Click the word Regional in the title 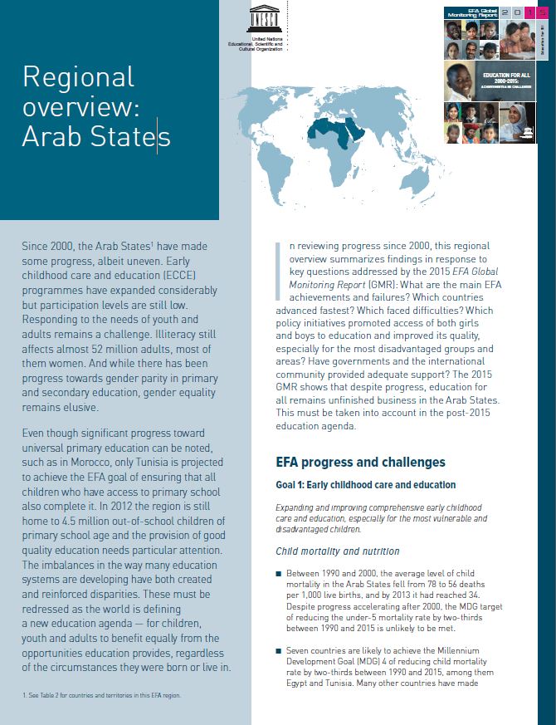[78, 77]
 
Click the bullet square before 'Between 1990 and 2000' [279, 574]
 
